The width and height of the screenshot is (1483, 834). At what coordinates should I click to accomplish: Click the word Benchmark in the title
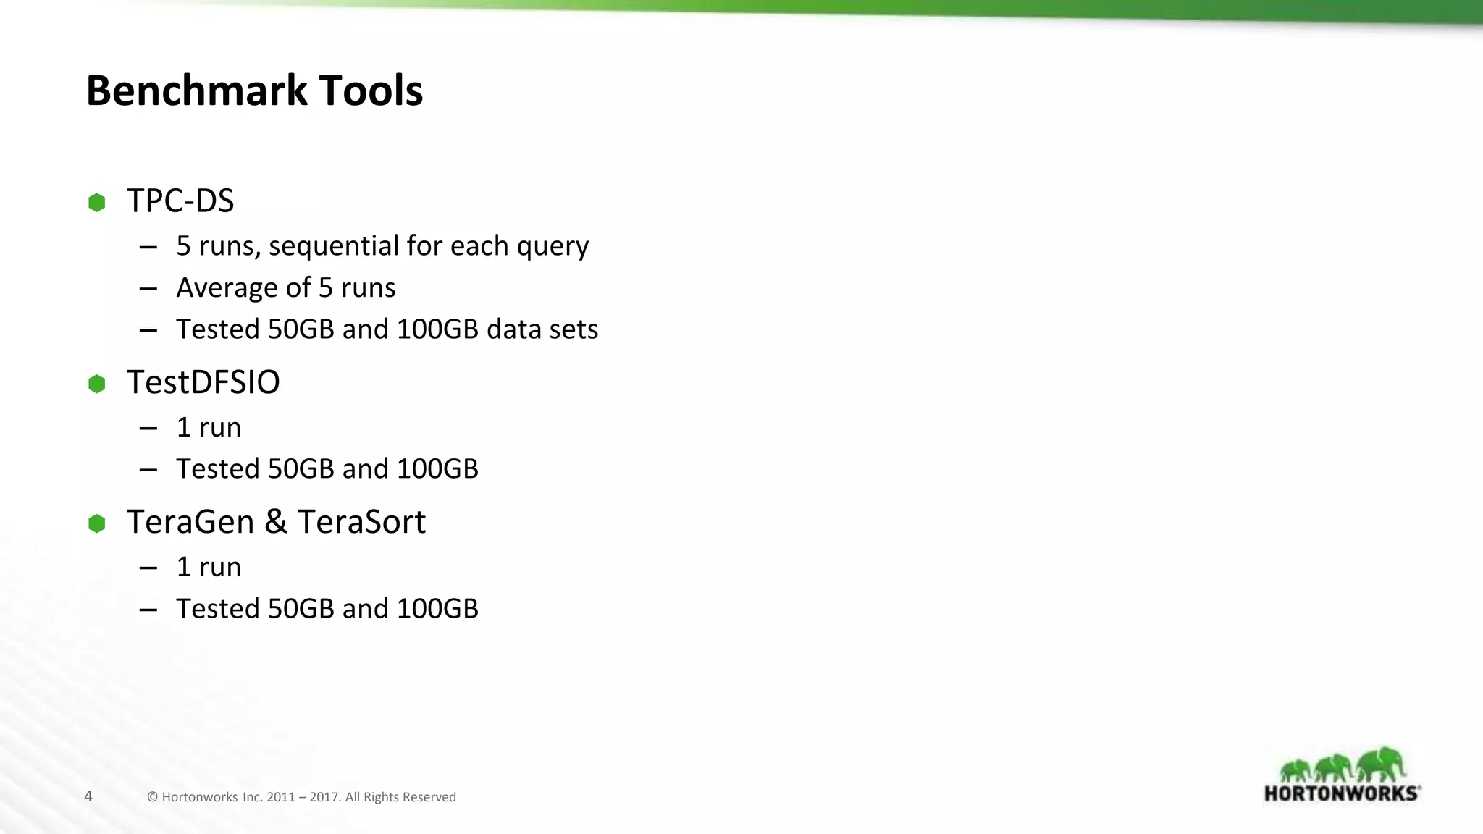(x=195, y=91)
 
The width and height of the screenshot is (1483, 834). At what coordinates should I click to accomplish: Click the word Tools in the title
(x=370, y=91)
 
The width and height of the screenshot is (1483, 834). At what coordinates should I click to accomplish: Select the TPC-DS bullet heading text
(x=180, y=201)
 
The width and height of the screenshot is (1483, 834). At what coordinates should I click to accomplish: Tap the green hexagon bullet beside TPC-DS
(x=96, y=202)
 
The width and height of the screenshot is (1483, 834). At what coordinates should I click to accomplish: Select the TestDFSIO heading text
(x=203, y=382)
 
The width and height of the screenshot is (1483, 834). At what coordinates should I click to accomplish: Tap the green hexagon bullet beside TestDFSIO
(x=96, y=384)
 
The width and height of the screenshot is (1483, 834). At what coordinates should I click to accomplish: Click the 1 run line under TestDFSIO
(x=209, y=428)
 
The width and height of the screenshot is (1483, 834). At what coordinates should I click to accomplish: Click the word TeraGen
(x=190, y=522)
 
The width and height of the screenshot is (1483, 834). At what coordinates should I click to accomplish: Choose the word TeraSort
(x=361, y=522)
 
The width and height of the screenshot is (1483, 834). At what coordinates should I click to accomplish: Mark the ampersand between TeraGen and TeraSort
(x=276, y=522)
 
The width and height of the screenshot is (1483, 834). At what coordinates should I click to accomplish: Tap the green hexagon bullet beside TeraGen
(x=96, y=523)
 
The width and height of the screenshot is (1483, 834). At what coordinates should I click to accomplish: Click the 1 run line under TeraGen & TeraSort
(x=209, y=567)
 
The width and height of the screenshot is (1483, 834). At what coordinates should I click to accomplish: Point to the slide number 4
(x=88, y=796)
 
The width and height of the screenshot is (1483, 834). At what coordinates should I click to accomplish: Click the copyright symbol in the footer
(x=152, y=797)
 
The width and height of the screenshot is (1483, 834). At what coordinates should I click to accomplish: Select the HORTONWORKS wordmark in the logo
(x=1342, y=793)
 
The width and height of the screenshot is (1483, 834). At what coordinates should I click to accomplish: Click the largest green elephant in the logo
(x=1382, y=764)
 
